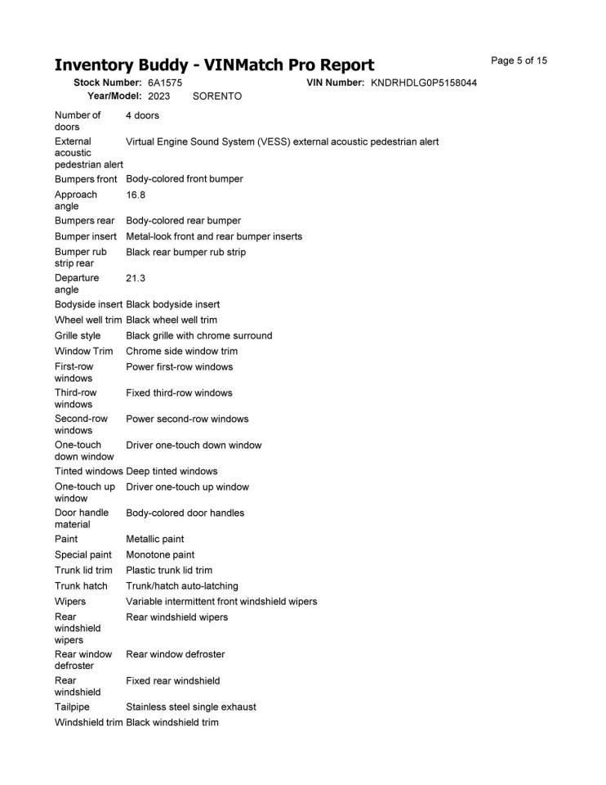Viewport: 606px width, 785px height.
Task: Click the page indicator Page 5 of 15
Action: click(x=519, y=61)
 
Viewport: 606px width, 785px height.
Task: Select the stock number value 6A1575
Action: click(x=165, y=83)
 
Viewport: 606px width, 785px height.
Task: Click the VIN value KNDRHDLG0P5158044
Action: click(x=424, y=83)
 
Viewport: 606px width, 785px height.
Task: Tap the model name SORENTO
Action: click(x=217, y=96)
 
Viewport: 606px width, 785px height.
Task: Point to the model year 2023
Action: click(x=159, y=96)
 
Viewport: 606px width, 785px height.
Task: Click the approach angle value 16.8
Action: click(x=136, y=195)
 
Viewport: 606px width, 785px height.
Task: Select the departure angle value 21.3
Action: click(x=136, y=278)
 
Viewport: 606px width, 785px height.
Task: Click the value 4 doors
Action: click(x=143, y=115)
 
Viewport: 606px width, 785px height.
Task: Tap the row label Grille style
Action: click(x=78, y=335)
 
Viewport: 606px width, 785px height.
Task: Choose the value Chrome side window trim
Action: click(x=182, y=351)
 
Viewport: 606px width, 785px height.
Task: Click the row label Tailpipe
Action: click(x=72, y=706)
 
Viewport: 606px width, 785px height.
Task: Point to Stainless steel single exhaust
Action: click(x=191, y=706)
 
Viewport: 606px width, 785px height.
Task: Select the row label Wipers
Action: click(x=70, y=601)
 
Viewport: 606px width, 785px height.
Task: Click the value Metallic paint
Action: click(x=155, y=539)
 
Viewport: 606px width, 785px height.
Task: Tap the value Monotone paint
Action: click(x=160, y=554)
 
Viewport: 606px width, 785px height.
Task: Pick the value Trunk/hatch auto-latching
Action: click(x=182, y=585)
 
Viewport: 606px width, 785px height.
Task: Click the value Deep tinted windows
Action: click(x=172, y=471)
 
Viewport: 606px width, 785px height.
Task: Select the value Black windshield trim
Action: click(x=172, y=722)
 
